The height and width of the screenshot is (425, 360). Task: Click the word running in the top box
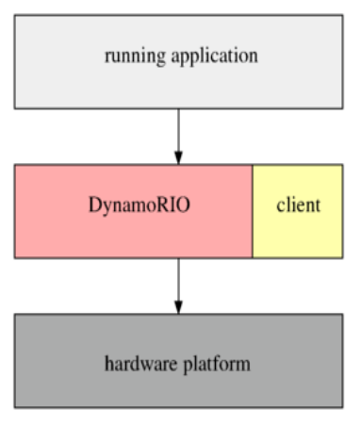(133, 56)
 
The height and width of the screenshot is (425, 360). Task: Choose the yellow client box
(298, 231)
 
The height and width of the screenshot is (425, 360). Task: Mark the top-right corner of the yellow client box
(343, 165)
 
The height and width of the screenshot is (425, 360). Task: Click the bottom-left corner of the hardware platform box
(14, 407)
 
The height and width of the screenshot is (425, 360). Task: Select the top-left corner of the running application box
(14, 14)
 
